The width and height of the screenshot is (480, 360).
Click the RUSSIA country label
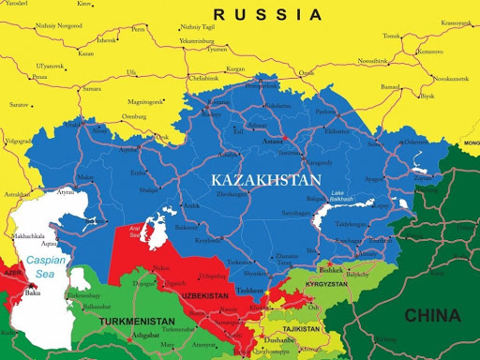[267, 14]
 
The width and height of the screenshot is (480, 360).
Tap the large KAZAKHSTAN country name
[265, 179]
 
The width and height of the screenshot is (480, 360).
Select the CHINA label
[431, 316]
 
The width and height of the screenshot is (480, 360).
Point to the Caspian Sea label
[44, 266]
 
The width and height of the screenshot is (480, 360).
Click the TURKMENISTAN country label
[135, 322]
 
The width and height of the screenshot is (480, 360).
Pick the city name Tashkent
[250, 291]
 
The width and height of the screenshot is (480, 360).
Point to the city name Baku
[33, 292]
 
